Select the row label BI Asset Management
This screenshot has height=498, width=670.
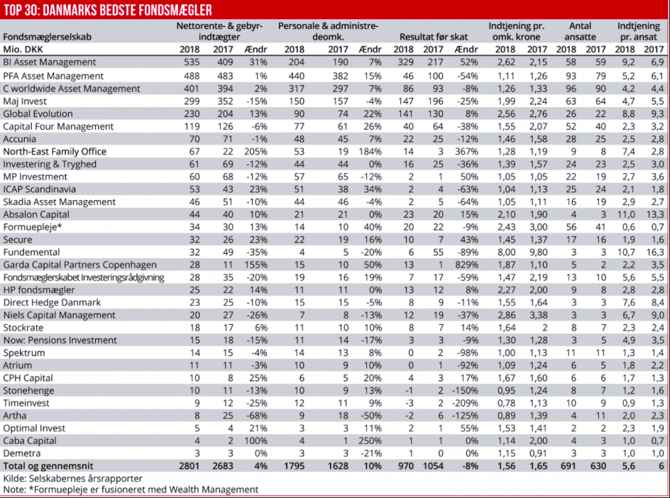50,62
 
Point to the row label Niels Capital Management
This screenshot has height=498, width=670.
59,315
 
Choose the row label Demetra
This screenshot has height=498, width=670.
23,453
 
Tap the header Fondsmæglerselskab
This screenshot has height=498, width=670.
47,37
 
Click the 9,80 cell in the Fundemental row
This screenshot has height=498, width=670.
537,252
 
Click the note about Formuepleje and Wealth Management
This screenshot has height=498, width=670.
131,489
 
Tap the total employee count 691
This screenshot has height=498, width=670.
566,466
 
